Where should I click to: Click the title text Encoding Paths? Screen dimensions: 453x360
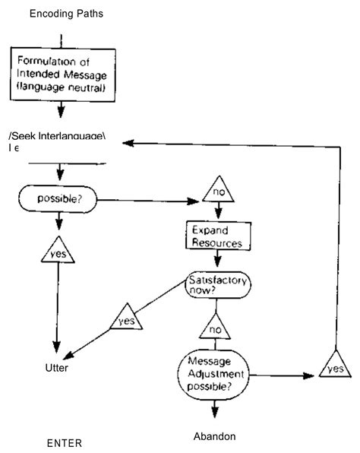[x=66, y=14]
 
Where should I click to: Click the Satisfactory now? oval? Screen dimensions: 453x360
[x=216, y=286]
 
